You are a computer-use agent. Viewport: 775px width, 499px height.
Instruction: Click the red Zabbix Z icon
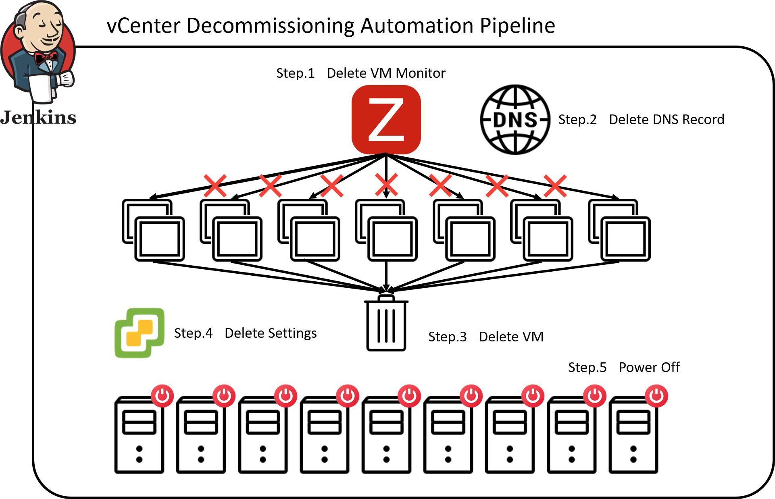click(x=386, y=119)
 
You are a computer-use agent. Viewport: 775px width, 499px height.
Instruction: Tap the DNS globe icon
click(x=515, y=120)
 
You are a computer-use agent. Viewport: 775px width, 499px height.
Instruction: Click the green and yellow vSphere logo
click(x=140, y=333)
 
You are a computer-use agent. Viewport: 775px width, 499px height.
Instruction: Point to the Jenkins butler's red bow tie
click(x=46, y=58)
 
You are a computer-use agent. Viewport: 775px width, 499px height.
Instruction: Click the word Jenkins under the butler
click(x=38, y=118)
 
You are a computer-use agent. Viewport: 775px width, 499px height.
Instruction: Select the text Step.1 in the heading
click(x=295, y=73)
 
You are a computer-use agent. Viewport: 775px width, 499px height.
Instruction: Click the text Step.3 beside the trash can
click(x=447, y=337)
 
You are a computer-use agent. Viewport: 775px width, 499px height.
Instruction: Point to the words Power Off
click(x=649, y=368)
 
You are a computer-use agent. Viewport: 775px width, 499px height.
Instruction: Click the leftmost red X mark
click(x=215, y=185)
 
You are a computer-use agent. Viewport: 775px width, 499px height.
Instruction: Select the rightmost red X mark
click(x=555, y=186)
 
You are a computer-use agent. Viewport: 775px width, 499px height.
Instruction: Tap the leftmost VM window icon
click(x=153, y=230)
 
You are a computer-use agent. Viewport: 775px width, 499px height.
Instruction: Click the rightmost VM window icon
click(x=619, y=230)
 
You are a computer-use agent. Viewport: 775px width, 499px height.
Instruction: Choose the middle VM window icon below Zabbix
click(x=386, y=230)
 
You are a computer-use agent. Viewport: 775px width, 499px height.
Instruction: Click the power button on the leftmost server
click(x=162, y=395)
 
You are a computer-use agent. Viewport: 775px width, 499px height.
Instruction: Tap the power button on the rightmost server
click(x=656, y=395)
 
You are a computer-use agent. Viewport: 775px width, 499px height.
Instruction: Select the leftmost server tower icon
click(x=139, y=435)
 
